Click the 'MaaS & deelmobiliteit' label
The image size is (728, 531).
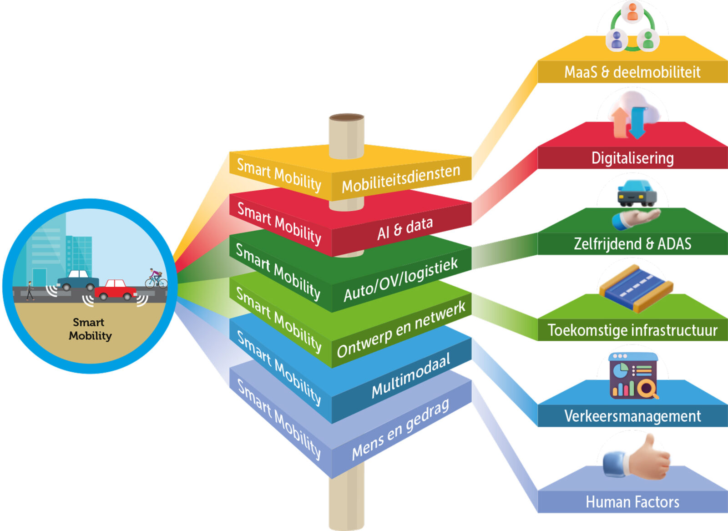(632, 72)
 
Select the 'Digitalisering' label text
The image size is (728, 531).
(632, 158)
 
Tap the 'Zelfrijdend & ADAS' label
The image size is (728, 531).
(632, 244)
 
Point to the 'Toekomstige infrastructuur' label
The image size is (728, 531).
(632, 330)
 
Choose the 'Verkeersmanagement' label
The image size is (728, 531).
(632, 416)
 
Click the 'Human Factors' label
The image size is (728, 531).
(632, 502)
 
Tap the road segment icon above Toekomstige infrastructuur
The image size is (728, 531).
(636, 288)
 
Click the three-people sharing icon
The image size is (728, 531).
(632, 27)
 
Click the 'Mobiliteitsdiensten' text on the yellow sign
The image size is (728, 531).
(401, 178)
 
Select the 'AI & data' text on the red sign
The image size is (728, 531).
(404, 228)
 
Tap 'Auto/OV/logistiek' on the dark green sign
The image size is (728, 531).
(400, 279)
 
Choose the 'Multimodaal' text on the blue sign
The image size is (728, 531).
(410, 375)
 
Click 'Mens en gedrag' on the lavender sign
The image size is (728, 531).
(400, 429)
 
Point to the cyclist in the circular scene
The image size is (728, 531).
(156, 278)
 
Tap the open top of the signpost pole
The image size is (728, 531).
(346, 117)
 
